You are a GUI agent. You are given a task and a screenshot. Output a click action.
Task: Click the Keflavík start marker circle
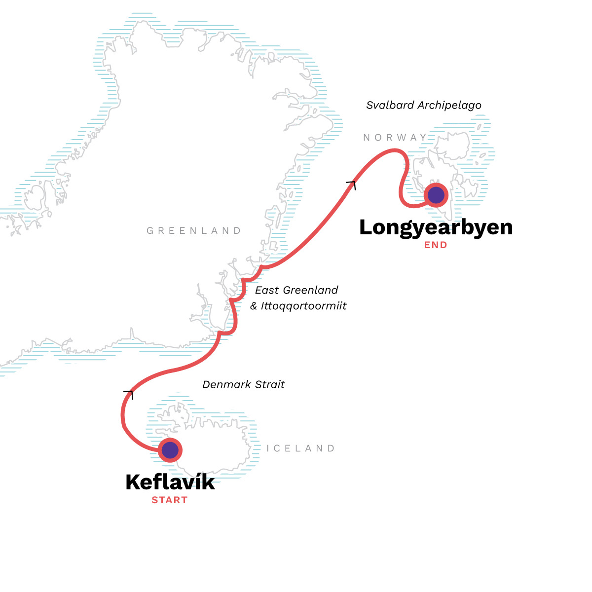pyautogui.click(x=170, y=450)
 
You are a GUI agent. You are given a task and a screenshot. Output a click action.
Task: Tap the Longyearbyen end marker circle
pyautogui.click(x=436, y=195)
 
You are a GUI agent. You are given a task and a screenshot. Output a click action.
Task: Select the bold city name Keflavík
pyautogui.click(x=170, y=482)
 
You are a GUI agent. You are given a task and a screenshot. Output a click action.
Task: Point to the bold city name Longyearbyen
pyautogui.click(x=436, y=227)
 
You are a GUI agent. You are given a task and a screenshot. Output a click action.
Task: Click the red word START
pyautogui.click(x=170, y=500)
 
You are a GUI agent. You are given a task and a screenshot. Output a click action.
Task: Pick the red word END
pyautogui.click(x=436, y=245)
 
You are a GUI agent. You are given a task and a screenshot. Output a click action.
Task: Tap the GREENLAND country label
pyautogui.click(x=194, y=230)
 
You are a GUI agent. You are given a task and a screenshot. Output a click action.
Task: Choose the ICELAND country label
pyautogui.click(x=300, y=448)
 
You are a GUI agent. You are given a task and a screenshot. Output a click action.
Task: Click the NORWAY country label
pyautogui.click(x=395, y=138)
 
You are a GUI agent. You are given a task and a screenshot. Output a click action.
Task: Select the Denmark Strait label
pyautogui.click(x=244, y=385)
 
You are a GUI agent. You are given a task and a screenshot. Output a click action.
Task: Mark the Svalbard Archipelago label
pyautogui.click(x=424, y=105)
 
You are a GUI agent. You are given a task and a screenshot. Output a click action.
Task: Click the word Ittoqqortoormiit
pyautogui.click(x=304, y=306)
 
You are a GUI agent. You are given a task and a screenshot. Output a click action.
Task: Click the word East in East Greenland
pyautogui.click(x=267, y=290)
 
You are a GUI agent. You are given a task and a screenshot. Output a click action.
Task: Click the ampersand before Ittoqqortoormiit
pyautogui.click(x=254, y=306)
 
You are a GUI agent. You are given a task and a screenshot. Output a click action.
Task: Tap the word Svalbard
pyautogui.click(x=390, y=105)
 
